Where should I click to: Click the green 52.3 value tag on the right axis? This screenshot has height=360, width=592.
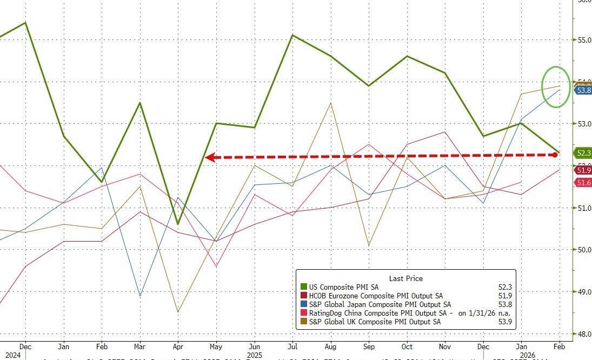tap(583, 153)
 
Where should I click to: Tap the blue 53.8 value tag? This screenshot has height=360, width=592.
tap(583, 90)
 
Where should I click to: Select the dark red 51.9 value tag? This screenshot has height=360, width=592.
tap(583, 170)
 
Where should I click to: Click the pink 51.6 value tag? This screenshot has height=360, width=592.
tap(583, 183)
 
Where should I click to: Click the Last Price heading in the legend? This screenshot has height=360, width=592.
tap(405, 278)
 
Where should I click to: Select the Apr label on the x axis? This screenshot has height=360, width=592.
tap(178, 346)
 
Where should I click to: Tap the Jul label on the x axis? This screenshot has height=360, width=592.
tap(292, 346)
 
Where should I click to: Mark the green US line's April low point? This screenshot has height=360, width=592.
tap(178, 224)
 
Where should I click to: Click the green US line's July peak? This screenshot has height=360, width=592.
tap(292, 35)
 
